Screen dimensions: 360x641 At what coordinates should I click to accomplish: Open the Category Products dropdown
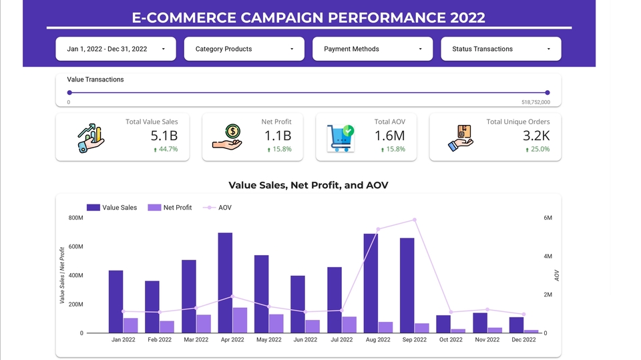[x=244, y=49]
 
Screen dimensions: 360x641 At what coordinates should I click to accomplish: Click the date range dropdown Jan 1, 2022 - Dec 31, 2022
[x=116, y=49]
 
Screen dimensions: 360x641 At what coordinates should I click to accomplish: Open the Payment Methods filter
[x=373, y=49]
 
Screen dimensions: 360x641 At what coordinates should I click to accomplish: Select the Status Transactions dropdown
[x=501, y=49]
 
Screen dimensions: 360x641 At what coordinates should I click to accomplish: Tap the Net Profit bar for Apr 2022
[x=240, y=320]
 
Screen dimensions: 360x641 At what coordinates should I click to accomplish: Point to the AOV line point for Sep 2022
[x=415, y=220]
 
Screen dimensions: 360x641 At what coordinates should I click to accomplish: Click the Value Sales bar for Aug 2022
[x=371, y=283]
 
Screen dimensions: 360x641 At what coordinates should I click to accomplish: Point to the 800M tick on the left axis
[x=75, y=218]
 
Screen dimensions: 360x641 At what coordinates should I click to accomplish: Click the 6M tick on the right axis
[x=548, y=218]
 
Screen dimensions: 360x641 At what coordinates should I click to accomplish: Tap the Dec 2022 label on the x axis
[x=523, y=340]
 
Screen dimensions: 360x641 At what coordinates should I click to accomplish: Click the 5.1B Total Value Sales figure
[x=164, y=136]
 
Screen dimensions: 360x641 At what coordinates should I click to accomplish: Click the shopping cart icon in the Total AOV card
[x=340, y=138]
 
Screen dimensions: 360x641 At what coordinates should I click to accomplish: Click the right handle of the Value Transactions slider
[x=548, y=93]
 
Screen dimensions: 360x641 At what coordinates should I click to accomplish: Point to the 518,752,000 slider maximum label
[x=536, y=102]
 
